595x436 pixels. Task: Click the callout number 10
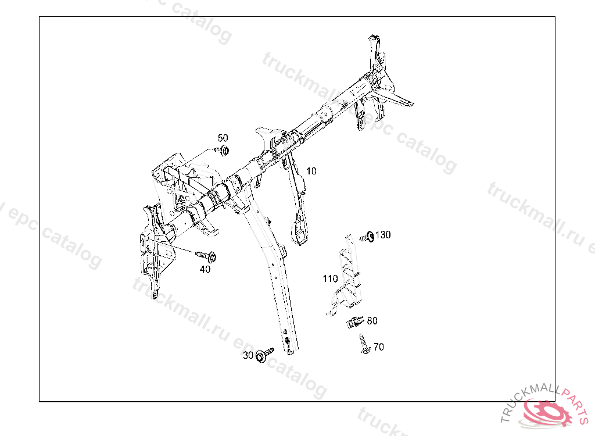click(x=311, y=171)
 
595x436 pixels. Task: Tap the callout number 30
click(x=248, y=356)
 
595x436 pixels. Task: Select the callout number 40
click(x=205, y=269)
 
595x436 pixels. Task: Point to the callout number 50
click(x=223, y=138)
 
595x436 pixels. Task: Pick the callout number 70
click(x=378, y=347)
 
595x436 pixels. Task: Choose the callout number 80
click(x=372, y=320)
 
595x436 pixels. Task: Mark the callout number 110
click(x=330, y=279)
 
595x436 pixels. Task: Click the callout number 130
click(x=383, y=235)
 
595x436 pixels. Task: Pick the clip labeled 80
click(x=356, y=321)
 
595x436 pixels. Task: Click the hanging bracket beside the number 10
click(x=299, y=203)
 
